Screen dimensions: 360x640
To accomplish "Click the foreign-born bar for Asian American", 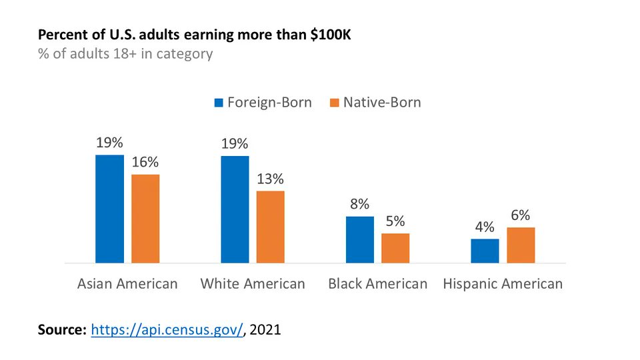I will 109,209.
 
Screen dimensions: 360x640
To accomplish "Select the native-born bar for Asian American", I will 145,219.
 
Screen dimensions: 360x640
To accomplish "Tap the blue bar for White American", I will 235,209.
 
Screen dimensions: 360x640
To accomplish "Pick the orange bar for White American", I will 270,227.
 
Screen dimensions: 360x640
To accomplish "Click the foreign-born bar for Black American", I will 360,239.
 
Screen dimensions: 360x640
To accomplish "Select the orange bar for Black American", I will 395,248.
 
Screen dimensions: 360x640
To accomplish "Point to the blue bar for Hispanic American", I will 485,251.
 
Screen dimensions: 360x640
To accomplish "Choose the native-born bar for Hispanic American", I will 521,245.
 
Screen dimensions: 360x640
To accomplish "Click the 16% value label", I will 145,163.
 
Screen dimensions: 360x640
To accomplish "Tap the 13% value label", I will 271,179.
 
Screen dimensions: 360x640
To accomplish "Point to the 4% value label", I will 485,227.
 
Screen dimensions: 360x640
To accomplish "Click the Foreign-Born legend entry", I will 263,103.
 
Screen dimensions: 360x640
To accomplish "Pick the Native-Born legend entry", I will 375,103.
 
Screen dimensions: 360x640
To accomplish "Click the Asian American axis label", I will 127,283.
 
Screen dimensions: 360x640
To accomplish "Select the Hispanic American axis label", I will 503,283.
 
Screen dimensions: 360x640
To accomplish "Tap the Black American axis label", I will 377,283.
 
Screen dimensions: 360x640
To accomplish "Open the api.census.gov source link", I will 167,329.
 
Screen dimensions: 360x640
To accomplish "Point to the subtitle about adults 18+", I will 125,54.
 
